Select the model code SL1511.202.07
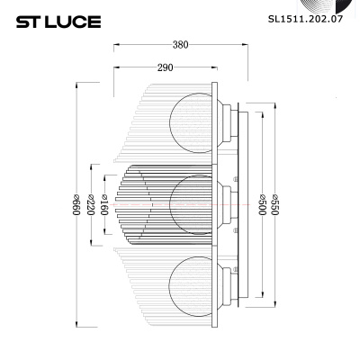point(307,16)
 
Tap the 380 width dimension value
point(180,45)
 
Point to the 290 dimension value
point(165,68)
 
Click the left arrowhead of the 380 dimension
point(116,51)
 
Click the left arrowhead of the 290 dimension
point(116,75)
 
